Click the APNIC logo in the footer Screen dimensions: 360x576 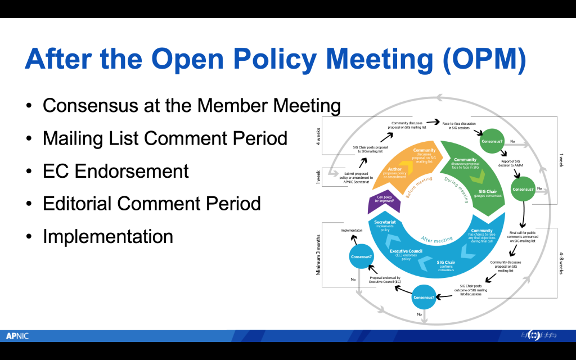click(17, 336)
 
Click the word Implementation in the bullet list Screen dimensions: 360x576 click(108, 236)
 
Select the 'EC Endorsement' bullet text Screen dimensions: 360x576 click(116, 170)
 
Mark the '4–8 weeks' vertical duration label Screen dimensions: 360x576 click(563, 262)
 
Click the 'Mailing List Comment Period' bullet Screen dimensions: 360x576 click(165, 138)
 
